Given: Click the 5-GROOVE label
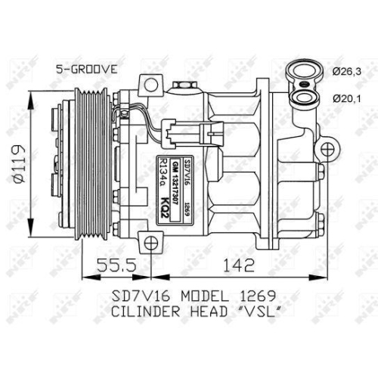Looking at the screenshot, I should [x=86, y=69].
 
